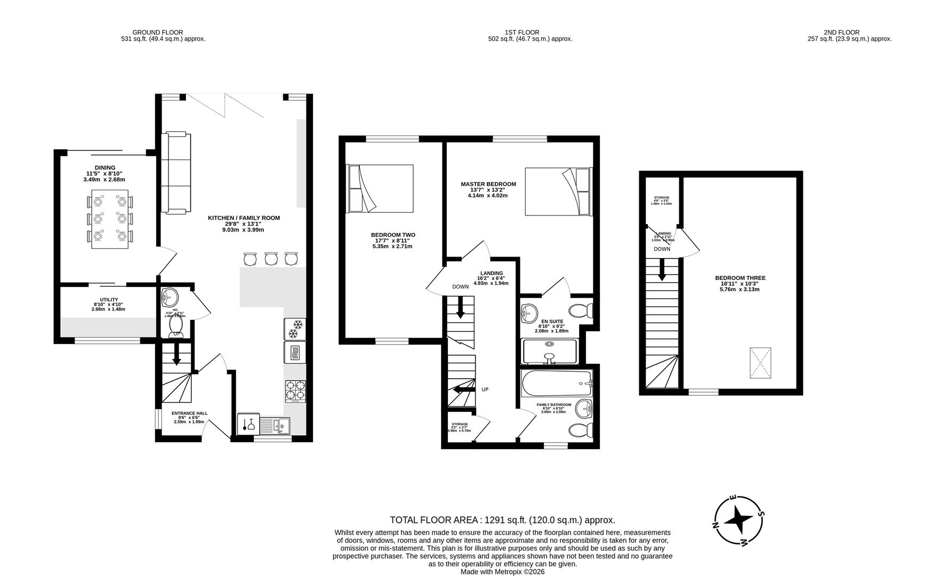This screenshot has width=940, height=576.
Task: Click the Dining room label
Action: click(x=105, y=168)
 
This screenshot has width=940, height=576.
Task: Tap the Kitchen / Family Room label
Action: click(x=244, y=218)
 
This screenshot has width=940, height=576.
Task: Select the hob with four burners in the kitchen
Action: click(x=295, y=390)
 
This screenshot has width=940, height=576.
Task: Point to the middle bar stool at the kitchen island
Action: click(x=271, y=259)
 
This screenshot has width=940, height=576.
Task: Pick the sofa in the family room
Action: click(x=175, y=172)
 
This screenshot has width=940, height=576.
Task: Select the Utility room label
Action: click(x=109, y=300)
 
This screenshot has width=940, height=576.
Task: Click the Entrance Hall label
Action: click(x=189, y=413)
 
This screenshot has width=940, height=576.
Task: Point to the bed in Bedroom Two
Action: click(x=380, y=188)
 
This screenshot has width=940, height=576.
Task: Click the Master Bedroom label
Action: click(x=488, y=185)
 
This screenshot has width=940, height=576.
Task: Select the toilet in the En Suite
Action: click(x=580, y=309)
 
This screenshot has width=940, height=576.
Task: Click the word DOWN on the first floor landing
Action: click(x=460, y=287)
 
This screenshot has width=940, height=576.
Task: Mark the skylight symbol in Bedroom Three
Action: click(x=760, y=363)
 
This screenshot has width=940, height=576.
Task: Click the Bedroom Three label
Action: click(x=740, y=278)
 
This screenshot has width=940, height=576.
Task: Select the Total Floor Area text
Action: click(x=502, y=520)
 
